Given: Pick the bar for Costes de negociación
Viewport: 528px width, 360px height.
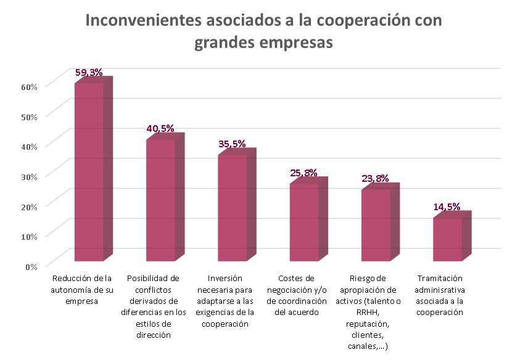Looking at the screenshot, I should (x=304, y=222).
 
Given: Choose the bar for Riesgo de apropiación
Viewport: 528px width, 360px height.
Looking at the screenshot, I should (x=376, y=224).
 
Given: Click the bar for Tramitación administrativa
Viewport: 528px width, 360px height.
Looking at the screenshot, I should (x=447, y=239).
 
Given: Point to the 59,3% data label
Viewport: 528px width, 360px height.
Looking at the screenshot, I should (x=89, y=72).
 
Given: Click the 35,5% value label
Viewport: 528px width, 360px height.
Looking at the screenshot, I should (x=232, y=144).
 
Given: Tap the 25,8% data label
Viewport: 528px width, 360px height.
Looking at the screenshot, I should (x=303, y=173).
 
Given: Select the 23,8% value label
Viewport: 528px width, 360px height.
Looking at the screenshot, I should (x=375, y=179).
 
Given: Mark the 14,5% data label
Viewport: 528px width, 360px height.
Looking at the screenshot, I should (x=447, y=207).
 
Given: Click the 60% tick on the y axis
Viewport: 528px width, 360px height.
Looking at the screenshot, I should (x=30, y=86).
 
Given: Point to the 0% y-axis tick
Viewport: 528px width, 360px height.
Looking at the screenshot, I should (x=31, y=266).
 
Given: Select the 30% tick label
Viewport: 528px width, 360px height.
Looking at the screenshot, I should (x=30, y=176).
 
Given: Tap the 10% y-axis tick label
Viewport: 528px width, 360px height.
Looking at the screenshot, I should (x=30, y=236).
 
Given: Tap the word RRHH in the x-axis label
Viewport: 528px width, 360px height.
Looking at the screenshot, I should (x=368, y=312).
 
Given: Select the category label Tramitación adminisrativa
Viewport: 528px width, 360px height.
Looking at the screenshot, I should (x=439, y=295).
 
